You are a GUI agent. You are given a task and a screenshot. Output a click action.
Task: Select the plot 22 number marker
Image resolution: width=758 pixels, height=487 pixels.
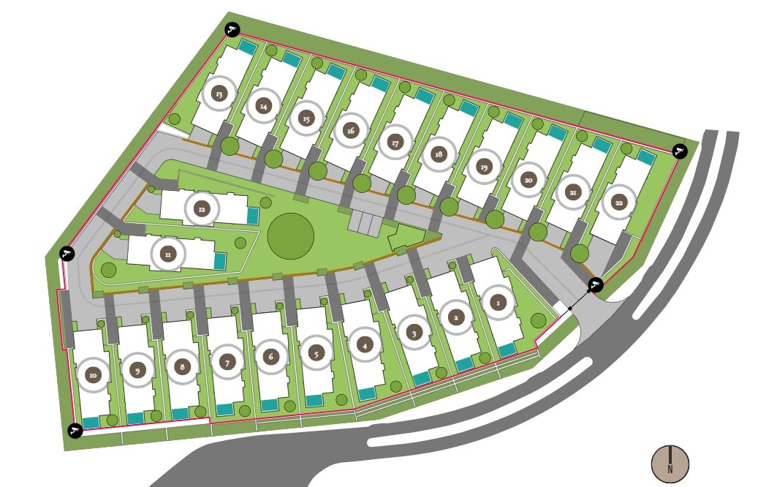pos(618,203)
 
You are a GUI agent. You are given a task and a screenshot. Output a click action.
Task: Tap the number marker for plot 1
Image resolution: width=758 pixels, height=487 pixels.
pos(499,301)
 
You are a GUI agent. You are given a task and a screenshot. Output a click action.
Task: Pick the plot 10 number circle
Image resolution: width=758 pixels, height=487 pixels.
pos(93,375)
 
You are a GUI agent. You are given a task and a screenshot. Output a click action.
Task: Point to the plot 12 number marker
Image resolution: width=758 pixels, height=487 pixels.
pos(202,209)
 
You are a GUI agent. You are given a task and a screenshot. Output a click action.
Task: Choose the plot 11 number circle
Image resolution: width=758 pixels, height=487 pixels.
pos(167,254)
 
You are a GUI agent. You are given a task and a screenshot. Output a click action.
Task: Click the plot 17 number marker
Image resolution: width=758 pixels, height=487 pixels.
pos(395,143)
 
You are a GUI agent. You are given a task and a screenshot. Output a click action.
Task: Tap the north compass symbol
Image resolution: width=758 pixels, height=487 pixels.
pos(670,464)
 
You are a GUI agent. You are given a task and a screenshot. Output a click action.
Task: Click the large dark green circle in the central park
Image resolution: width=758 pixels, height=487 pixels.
pos(290,236)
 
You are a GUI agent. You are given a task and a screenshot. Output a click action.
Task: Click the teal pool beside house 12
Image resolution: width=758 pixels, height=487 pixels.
pos(252,216)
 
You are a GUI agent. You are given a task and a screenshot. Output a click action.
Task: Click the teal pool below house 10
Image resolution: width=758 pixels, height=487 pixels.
pos(91,422)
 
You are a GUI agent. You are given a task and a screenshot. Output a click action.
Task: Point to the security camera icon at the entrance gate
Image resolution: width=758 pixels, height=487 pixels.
pos(596,284)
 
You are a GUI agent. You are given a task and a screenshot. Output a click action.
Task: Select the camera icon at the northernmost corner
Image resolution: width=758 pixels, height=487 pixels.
pos(232,30)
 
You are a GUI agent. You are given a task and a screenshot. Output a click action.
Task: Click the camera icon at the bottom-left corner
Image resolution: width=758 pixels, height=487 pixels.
pos(74,431)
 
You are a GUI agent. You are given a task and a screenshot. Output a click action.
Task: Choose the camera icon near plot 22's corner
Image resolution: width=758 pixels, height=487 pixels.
pos(680,151)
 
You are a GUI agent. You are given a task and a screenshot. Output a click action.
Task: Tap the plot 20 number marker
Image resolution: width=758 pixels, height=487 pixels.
pos(528,179)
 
